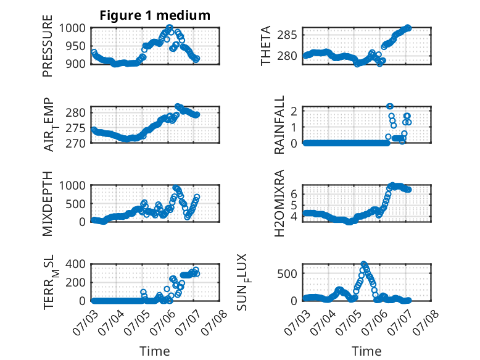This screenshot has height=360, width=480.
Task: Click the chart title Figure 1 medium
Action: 155,15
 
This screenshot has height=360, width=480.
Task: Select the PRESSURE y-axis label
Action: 48,46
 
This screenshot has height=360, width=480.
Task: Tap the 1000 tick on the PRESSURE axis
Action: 72,28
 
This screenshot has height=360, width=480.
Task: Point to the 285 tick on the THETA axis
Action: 287,35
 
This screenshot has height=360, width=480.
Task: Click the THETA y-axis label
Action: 265,46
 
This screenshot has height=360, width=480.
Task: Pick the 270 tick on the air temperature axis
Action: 75,143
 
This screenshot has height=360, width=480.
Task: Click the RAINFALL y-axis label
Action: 279,125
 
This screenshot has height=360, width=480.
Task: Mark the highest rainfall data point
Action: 390,106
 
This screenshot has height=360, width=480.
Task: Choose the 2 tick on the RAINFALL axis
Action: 294,111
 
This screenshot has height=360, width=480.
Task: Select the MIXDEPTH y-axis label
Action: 48,203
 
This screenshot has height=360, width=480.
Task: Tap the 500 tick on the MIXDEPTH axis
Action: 75,204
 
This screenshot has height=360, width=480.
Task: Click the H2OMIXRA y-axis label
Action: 279,203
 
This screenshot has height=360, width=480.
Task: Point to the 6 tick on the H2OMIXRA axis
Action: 294,194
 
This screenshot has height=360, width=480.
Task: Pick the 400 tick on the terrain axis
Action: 75,264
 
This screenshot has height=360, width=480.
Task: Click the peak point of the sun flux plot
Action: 363,264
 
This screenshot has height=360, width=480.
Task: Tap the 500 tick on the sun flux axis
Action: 287,274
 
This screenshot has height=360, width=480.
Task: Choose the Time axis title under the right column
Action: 366,351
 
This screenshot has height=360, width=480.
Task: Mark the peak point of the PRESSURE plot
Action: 170,28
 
